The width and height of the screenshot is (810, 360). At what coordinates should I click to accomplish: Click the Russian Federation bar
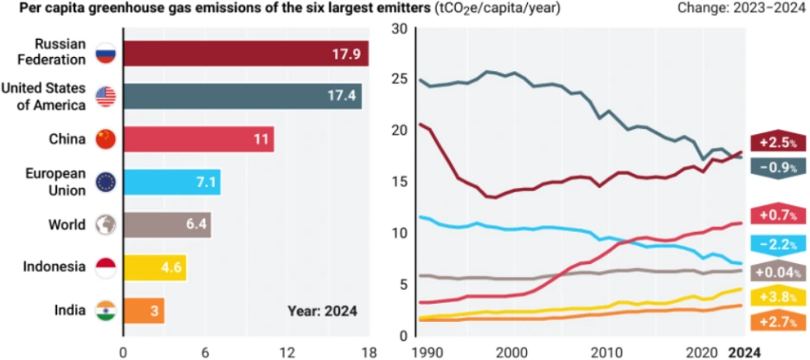[x=246, y=54]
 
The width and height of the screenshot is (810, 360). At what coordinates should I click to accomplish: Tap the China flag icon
[x=106, y=138]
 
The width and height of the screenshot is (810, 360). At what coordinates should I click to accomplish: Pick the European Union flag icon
[x=106, y=182]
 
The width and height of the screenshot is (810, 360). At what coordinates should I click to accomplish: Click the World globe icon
[x=106, y=224]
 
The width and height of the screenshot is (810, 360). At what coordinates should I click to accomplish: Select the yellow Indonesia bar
[x=155, y=267]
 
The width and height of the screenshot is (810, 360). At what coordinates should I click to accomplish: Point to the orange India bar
[x=144, y=310]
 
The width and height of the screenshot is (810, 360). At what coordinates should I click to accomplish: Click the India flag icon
[x=106, y=310]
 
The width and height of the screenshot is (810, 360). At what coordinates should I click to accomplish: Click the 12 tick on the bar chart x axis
[x=286, y=351]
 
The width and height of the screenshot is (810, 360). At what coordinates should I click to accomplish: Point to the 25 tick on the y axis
[x=399, y=80]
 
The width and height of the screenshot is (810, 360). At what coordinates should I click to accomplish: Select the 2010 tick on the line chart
[x=606, y=351]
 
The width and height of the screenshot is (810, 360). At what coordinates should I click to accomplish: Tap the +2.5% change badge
[x=778, y=143]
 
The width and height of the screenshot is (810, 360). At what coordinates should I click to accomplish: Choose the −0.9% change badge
[x=778, y=168]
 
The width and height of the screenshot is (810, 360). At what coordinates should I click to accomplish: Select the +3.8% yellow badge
[x=778, y=297]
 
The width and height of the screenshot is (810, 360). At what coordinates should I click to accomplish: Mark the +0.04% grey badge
[x=778, y=271]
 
